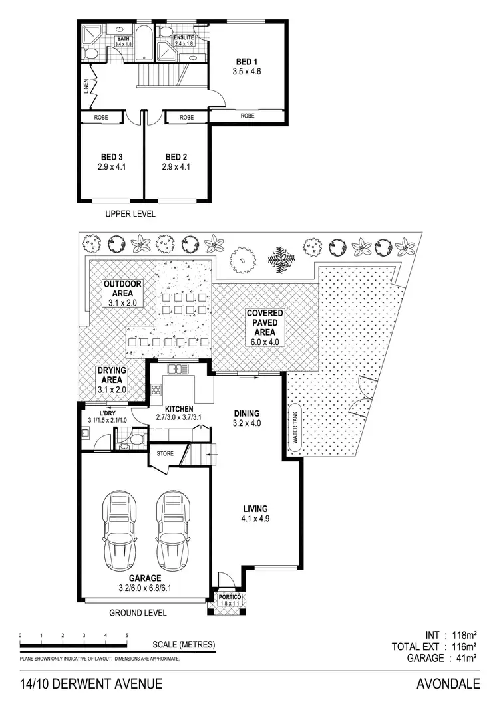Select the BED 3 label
point(110,157)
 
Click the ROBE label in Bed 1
point(248,116)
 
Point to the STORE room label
point(165,454)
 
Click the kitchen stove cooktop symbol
point(155,390)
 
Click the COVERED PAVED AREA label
point(265,322)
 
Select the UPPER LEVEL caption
point(130,214)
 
